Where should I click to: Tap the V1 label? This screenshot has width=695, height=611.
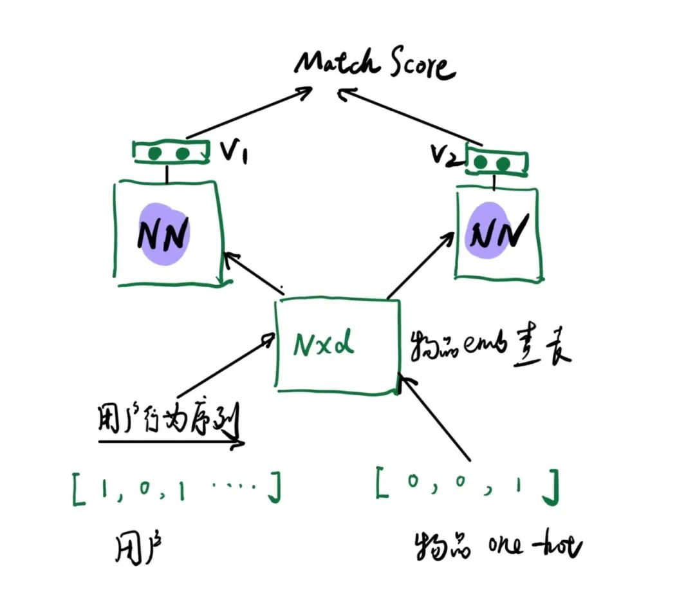(x=236, y=153)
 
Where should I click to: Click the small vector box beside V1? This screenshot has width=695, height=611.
(x=171, y=153)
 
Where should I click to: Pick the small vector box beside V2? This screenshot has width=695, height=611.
(x=496, y=162)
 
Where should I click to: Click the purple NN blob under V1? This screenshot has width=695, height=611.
(x=164, y=235)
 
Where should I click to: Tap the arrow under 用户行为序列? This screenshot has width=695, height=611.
(x=171, y=442)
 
